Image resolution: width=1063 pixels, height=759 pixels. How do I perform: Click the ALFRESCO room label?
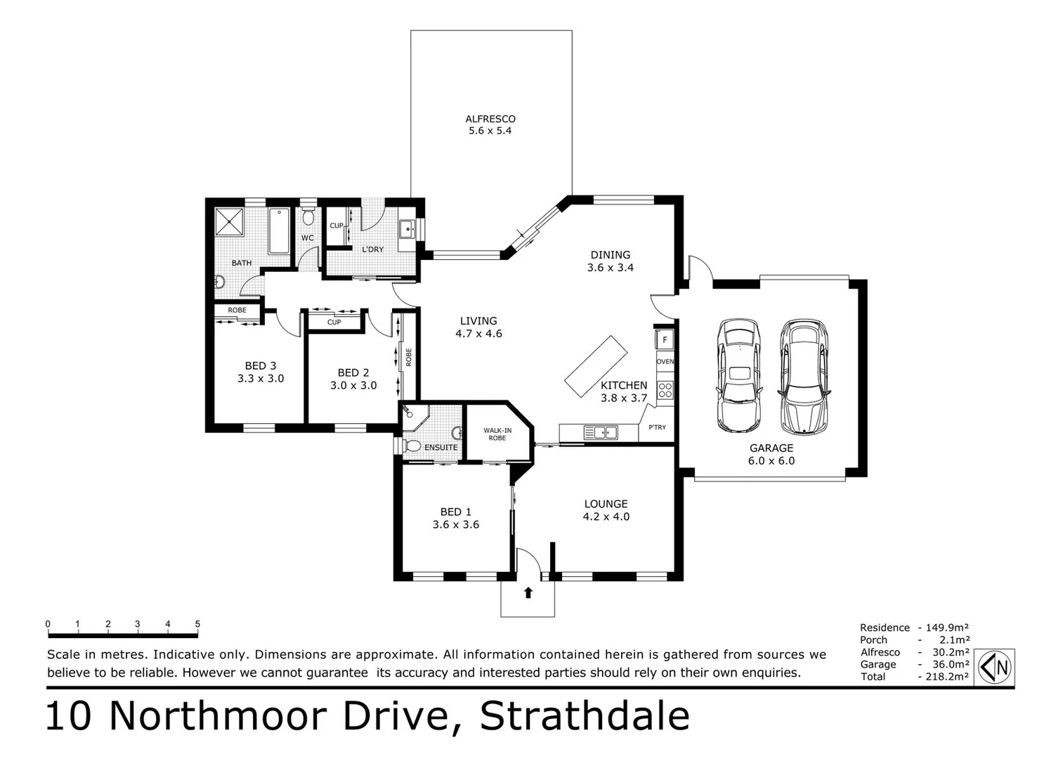[x=490, y=119]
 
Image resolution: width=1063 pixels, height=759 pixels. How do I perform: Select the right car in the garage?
[x=803, y=377]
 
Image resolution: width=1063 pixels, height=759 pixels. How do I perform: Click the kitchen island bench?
[x=596, y=366]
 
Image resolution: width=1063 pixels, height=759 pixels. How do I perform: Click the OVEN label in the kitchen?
[x=665, y=361]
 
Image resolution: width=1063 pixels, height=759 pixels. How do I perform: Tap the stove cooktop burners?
[x=665, y=390]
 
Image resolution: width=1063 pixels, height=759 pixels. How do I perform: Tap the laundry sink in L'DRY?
[x=406, y=228]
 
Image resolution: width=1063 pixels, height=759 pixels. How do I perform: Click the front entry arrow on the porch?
[x=528, y=593]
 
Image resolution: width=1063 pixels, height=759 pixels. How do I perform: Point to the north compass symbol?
[x=996, y=666]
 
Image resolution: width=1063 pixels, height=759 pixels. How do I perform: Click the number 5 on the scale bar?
[x=197, y=624]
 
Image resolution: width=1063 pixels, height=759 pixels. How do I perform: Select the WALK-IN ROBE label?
[x=497, y=434]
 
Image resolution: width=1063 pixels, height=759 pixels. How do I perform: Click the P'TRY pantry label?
[x=657, y=427]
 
